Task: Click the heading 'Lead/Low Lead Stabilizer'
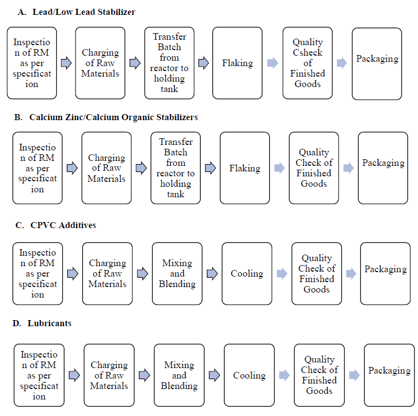(84, 12)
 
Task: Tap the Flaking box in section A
(237, 63)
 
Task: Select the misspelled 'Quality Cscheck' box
(307, 63)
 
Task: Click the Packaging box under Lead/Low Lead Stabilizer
(377, 64)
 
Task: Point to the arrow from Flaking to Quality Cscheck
(272, 63)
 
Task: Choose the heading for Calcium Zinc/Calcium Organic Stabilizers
(113, 117)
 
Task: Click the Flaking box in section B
(245, 168)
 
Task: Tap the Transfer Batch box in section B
(175, 168)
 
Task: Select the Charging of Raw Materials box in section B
(106, 168)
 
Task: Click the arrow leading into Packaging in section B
(349, 168)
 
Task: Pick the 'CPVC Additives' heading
(63, 225)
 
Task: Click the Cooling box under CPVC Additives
(247, 273)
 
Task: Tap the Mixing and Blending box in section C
(177, 273)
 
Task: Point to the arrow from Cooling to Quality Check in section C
(282, 273)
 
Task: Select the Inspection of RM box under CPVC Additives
(37, 273)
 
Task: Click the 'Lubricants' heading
(49, 323)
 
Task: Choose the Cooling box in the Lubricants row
(249, 375)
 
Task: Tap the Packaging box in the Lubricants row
(389, 375)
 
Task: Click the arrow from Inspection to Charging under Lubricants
(74, 375)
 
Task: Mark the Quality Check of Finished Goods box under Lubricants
(319, 375)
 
